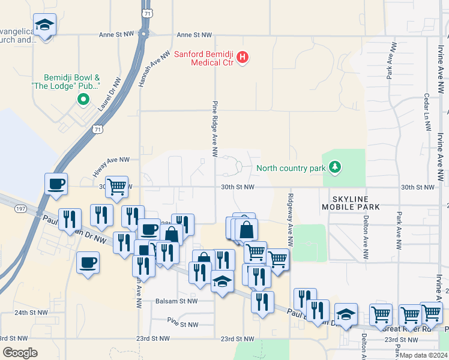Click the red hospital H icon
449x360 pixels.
pyautogui.click(x=243, y=58)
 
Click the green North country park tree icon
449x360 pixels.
pyautogui.click(x=336, y=167)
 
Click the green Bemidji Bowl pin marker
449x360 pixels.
pyautogui.click(x=83, y=100)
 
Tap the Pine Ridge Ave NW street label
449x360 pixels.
pyautogui.click(x=214, y=130)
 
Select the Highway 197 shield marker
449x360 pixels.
pyautogui.click(x=20, y=208)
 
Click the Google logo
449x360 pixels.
pyautogui.click(x=20, y=352)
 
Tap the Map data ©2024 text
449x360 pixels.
pyautogui.click(x=423, y=355)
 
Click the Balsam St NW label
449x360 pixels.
pyautogui.click(x=176, y=301)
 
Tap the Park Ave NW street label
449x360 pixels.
pyautogui.click(x=391, y=61)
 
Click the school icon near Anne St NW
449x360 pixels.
pyautogui.click(x=44, y=26)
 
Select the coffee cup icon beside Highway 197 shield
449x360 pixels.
pyautogui.click(x=56, y=184)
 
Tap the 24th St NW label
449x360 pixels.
pyautogui.click(x=31, y=313)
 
